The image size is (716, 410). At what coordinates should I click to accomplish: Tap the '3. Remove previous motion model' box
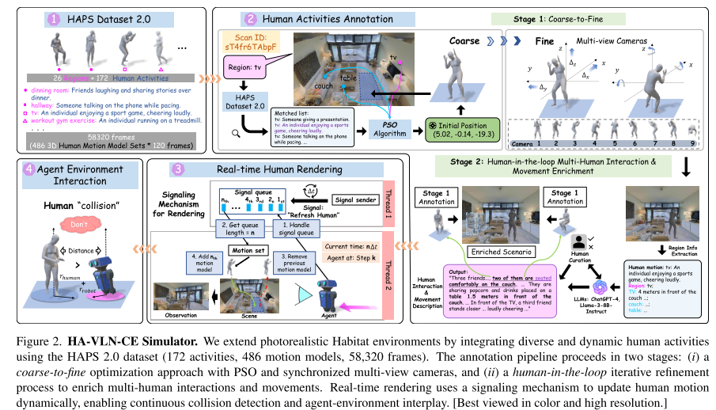click(x=298, y=261)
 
